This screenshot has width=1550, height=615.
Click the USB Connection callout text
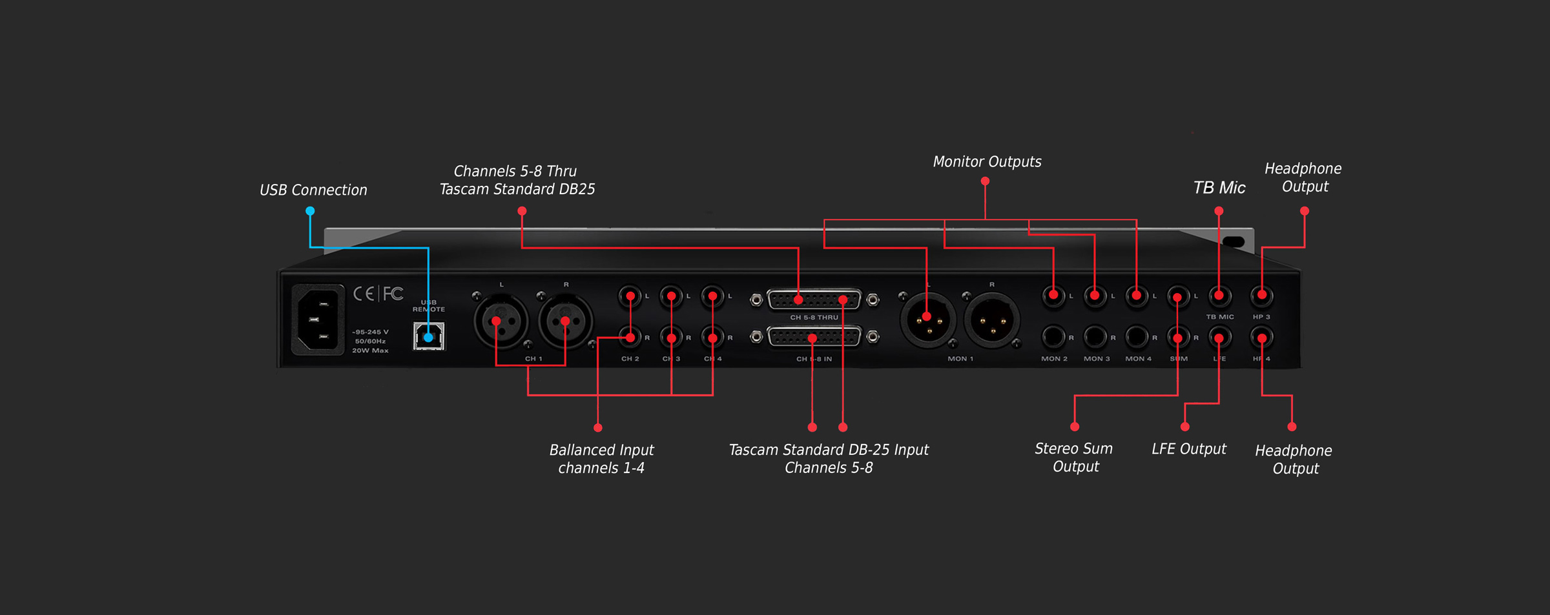(x=313, y=190)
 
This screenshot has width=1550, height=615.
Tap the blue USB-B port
(x=429, y=336)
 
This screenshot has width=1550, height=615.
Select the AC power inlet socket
(x=318, y=319)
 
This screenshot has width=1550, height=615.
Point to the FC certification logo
(x=393, y=294)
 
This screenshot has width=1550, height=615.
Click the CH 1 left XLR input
(x=501, y=321)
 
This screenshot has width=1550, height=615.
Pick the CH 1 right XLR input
(x=566, y=321)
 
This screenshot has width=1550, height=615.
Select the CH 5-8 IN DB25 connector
(x=814, y=337)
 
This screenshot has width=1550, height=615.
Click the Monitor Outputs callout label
(x=987, y=162)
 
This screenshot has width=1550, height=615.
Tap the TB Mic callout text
(x=1219, y=188)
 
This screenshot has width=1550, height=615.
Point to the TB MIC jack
(x=1219, y=296)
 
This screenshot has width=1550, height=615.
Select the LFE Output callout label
(x=1188, y=449)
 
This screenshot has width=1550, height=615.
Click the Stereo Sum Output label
(x=1074, y=458)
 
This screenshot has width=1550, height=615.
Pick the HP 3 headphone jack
(x=1261, y=296)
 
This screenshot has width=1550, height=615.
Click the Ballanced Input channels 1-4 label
(x=601, y=459)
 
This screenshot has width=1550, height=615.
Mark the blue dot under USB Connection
(x=310, y=211)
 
